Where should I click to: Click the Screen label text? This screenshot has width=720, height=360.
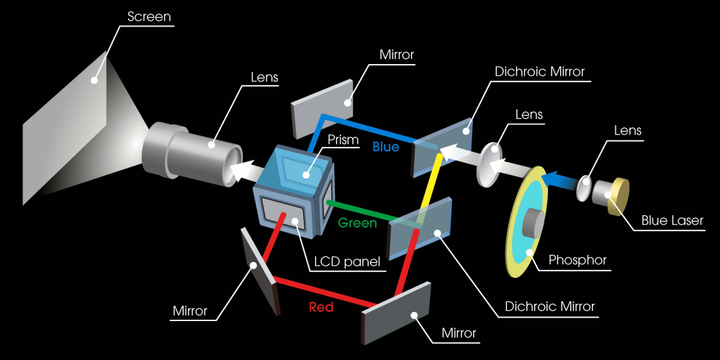coord(149,17)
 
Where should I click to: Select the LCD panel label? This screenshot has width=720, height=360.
coord(347,262)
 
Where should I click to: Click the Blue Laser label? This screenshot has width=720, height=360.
coord(672,221)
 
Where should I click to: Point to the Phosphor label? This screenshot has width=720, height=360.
coord(577,261)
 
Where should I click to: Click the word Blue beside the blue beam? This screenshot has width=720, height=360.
coord(386,147)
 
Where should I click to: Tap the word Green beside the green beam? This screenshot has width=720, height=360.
coord(357,223)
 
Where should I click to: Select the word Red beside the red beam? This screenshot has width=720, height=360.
coord(321,307)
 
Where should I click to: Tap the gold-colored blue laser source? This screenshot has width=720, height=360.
coord(618,196)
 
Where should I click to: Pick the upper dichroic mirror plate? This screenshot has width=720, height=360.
coord(442,147)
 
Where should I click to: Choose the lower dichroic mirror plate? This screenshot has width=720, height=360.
coord(420,228)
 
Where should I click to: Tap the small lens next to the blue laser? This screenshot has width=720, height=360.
coord(584,188)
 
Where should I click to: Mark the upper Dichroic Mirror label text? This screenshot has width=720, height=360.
coord(540,72)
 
